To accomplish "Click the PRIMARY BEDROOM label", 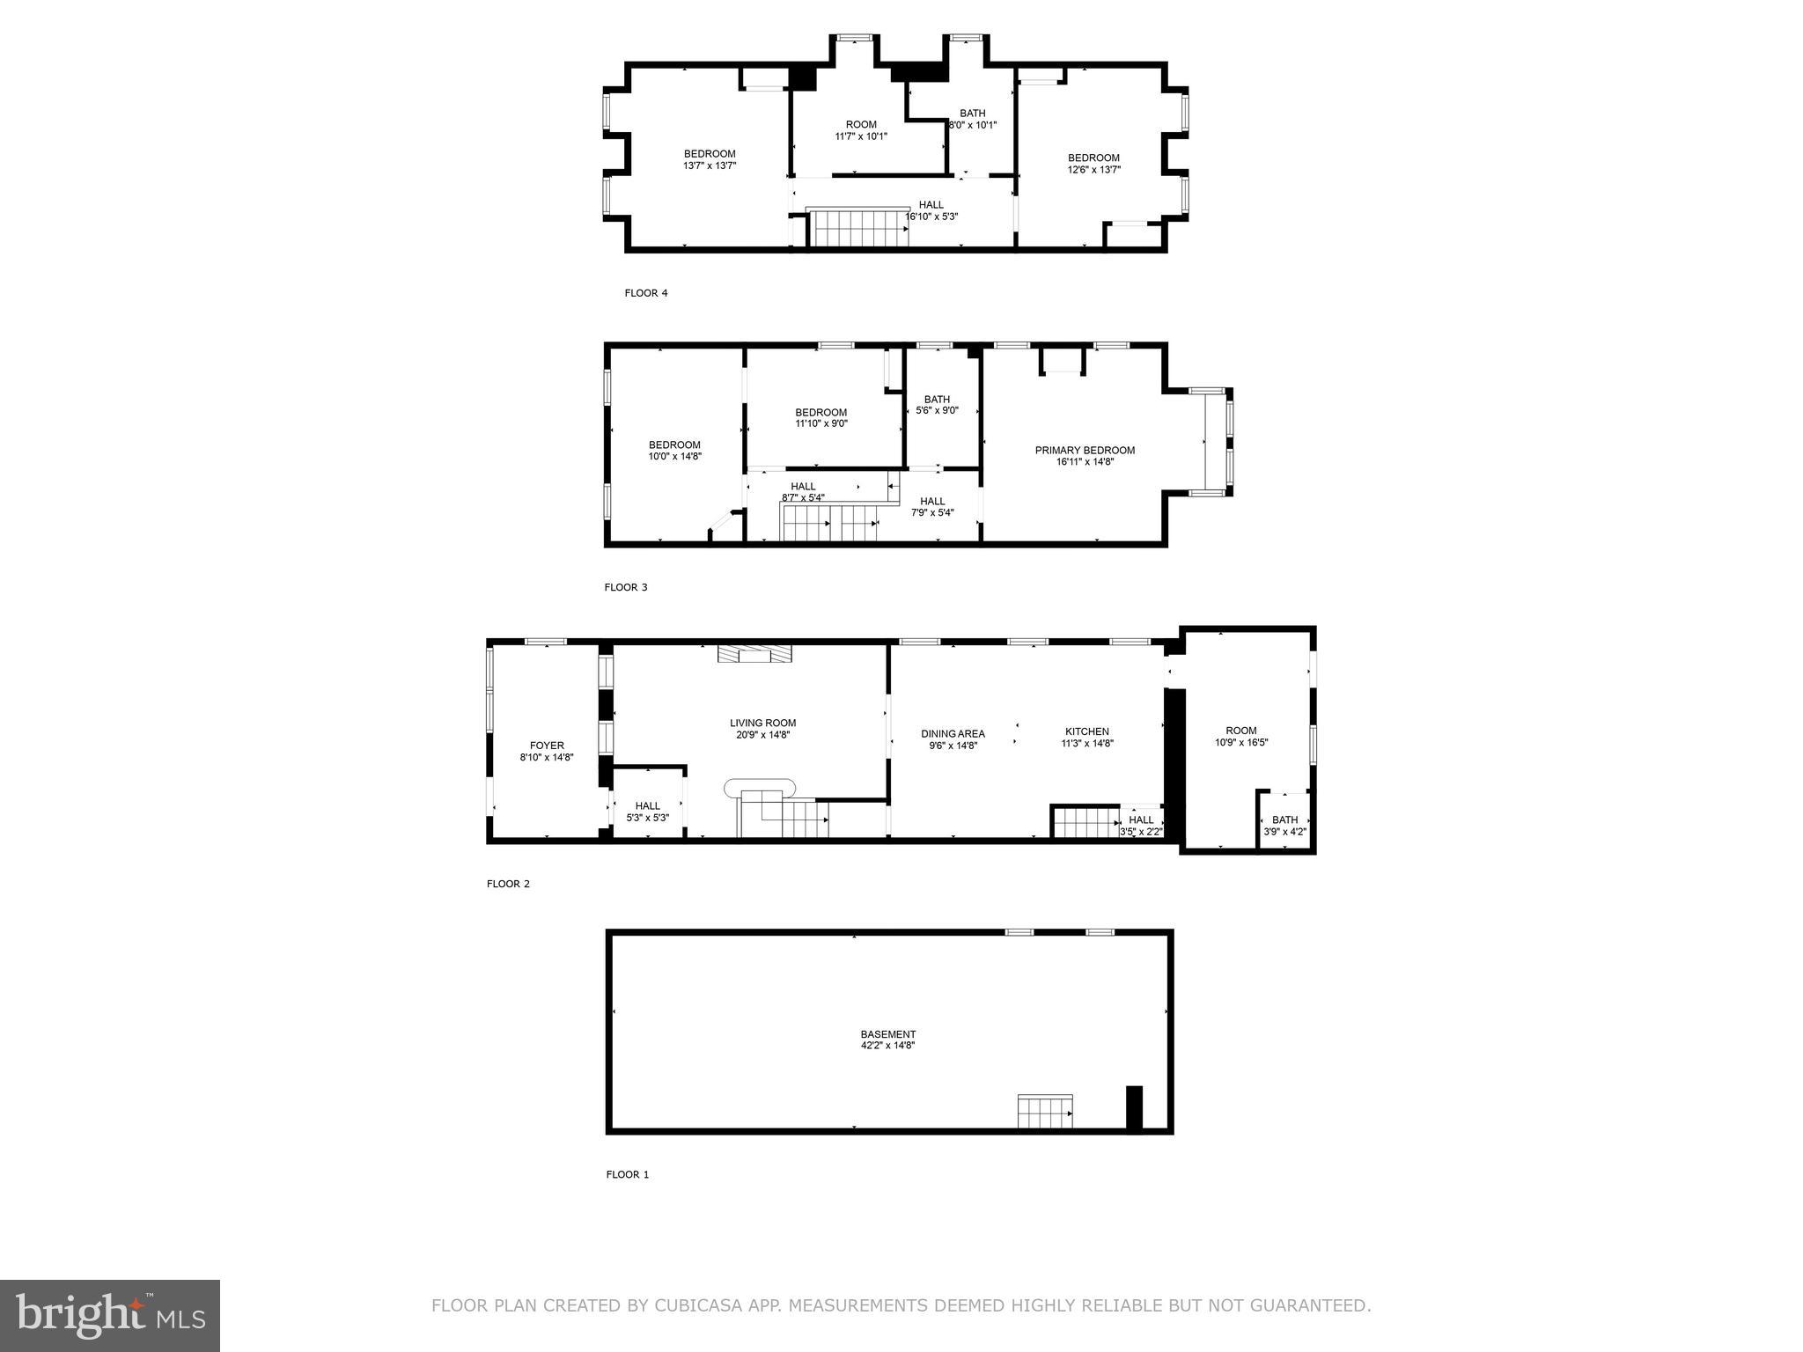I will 1085,451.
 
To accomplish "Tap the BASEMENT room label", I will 887,1034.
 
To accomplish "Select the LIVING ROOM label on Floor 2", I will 762,724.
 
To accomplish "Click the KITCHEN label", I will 1086,731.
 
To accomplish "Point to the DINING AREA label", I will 953,734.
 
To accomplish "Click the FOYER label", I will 547,746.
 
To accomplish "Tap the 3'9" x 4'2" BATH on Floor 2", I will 1284,826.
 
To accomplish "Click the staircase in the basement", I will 1045,1112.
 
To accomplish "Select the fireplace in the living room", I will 754,653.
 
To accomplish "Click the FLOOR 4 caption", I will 646,293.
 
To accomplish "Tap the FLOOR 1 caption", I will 627,1174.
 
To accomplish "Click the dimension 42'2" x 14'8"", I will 887,1046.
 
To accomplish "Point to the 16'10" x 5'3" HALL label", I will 931,210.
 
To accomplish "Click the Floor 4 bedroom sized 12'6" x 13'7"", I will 1093,164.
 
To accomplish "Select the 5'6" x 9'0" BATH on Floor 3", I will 937,405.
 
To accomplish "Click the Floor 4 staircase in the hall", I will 857,228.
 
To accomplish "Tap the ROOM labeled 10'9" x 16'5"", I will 1241,736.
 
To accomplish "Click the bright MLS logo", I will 110,1314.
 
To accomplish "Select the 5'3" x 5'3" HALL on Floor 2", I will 647,812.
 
